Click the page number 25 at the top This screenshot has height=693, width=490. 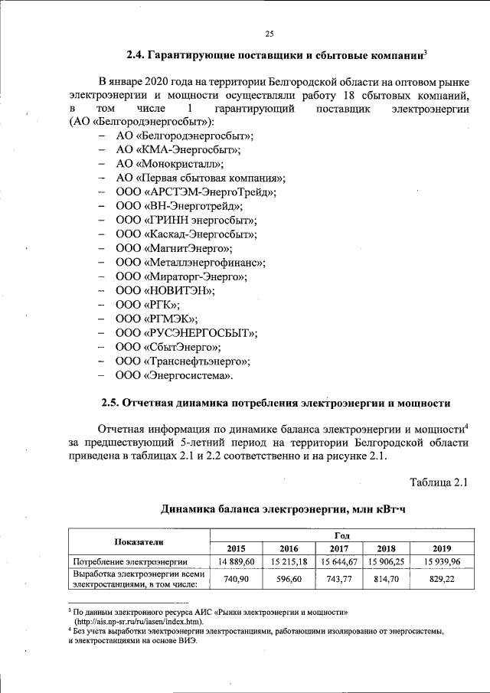click(x=269, y=33)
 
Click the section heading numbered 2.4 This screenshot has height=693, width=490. click(x=276, y=56)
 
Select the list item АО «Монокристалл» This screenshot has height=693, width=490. click(x=170, y=163)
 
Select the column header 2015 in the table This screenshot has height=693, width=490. click(x=237, y=548)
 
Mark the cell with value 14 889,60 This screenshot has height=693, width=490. click(x=237, y=562)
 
